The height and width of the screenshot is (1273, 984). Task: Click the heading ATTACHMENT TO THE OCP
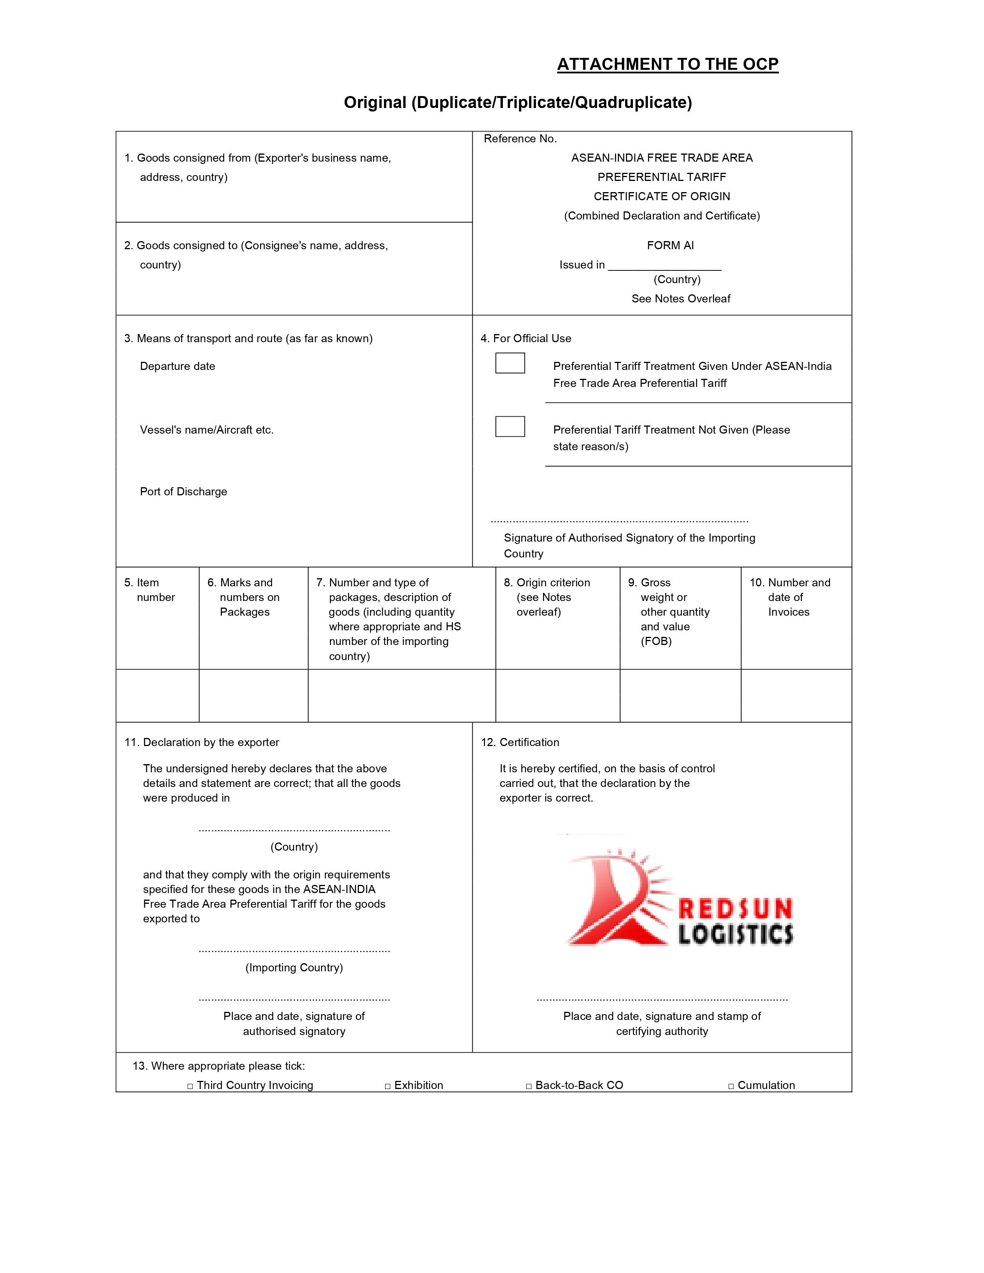pos(668,64)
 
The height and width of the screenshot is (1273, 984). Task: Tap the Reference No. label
pos(520,139)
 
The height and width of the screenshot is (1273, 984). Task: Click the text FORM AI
pos(670,245)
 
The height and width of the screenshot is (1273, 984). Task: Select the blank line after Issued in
pos(664,266)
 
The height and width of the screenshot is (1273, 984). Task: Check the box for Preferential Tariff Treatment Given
pos(510,363)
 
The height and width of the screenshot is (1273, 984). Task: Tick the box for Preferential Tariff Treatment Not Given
pos(510,427)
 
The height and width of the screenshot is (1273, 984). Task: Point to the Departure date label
pos(177,366)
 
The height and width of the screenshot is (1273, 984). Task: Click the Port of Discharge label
pos(183,491)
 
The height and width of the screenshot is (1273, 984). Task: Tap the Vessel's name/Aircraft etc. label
pos(206,430)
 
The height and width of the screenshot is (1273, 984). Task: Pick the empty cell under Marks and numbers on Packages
pos(254,696)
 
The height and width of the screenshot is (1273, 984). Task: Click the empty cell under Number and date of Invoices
pos(796,696)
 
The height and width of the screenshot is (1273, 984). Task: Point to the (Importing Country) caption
pos(294,967)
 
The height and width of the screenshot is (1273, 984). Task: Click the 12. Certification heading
pos(520,742)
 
